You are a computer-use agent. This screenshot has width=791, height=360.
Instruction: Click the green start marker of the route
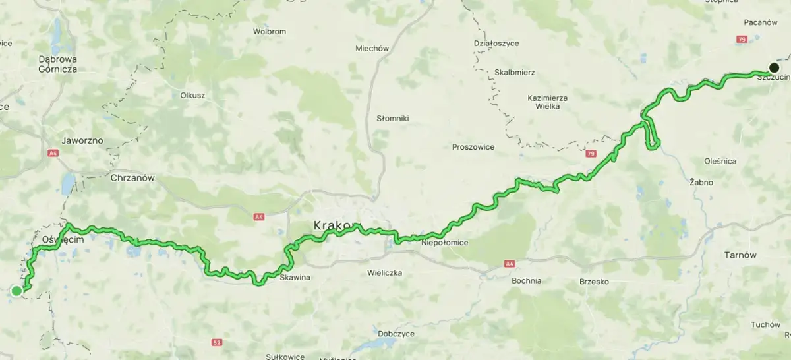(16, 291)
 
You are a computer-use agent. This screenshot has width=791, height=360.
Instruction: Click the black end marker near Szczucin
(774, 67)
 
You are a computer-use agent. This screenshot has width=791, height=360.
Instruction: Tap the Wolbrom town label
(270, 31)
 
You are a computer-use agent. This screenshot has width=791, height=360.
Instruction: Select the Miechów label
(372, 48)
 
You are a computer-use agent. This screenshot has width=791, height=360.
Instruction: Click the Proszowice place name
(473, 147)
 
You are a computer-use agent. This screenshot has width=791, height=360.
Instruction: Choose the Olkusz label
(192, 95)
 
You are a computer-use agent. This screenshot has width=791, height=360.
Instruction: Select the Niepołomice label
(444, 243)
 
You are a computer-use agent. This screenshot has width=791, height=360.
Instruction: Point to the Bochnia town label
(526, 280)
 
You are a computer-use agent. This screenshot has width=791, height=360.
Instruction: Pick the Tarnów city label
(740, 255)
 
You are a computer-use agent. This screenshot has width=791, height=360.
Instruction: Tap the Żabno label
(701, 181)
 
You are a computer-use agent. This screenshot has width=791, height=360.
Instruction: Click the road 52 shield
(217, 342)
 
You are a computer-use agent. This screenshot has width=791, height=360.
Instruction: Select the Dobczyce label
(397, 334)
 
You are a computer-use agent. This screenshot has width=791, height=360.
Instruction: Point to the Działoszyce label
(496, 44)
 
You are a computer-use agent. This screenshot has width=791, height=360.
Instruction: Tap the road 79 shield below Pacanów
(742, 40)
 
